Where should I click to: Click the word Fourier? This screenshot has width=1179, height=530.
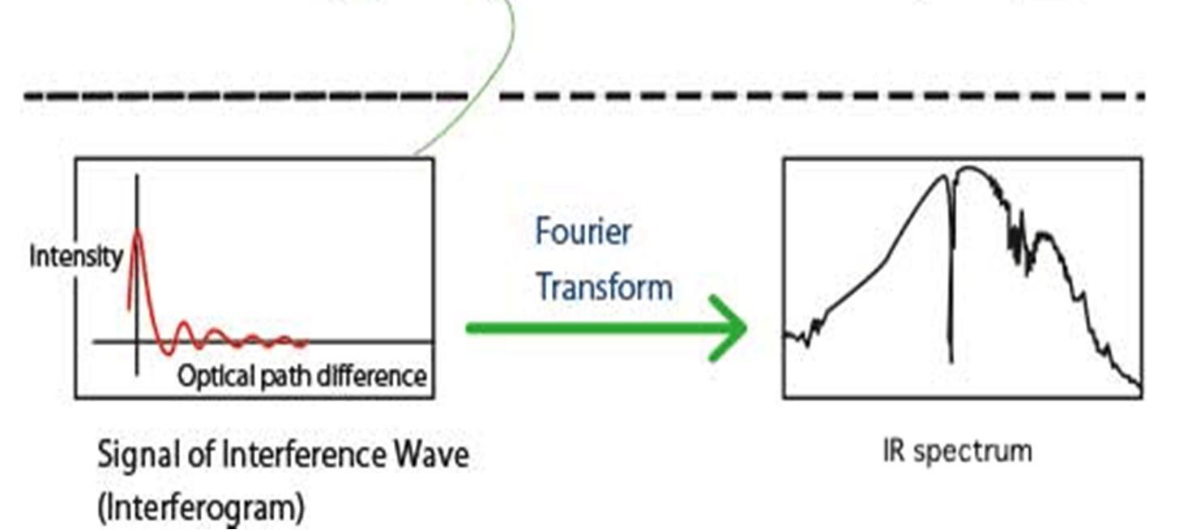click(x=583, y=233)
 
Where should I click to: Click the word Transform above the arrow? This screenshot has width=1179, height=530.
click(x=604, y=288)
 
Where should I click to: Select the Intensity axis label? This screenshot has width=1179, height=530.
click(x=76, y=257)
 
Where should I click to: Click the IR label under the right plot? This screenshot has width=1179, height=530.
click(x=894, y=451)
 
